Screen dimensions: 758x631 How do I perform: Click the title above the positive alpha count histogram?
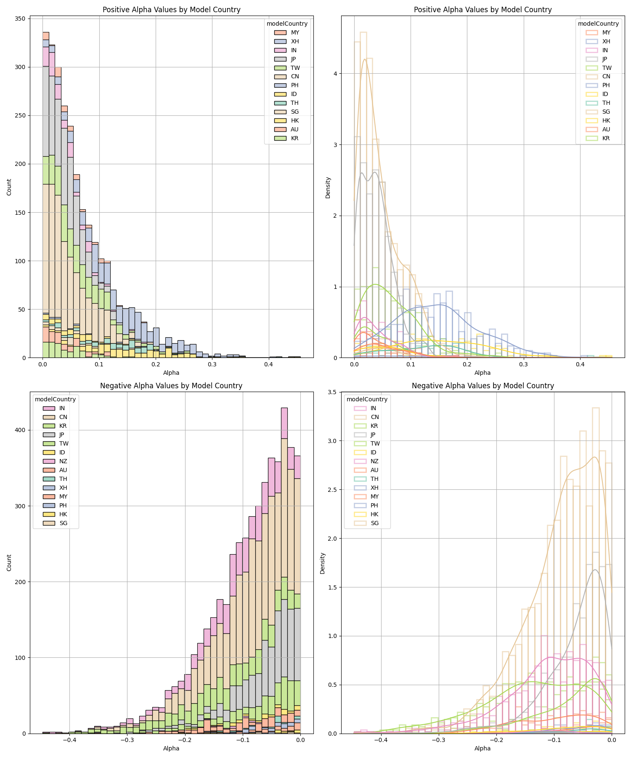tap(171, 10)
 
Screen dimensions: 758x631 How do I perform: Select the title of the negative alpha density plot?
tap(483, 386)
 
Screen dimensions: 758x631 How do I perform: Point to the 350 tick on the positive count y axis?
tap(21, 19)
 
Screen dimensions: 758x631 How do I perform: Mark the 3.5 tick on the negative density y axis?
tap(332, 392)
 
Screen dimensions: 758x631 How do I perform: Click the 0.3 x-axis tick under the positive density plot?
tap(523, 364)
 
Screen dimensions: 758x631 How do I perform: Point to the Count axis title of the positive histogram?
tap(9, 187)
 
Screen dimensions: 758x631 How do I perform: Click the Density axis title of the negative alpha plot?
tap(322, 563)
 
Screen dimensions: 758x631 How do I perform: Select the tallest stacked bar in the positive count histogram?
tap(45, 194)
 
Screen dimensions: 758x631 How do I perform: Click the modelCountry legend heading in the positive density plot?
tap(598, 24)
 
